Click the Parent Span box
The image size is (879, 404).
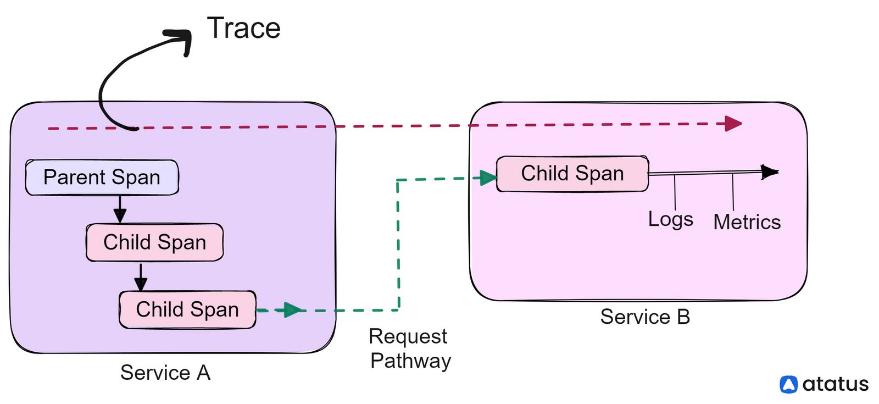coord(102,178)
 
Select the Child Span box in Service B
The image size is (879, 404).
coord(572,174)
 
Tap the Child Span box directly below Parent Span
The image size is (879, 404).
coord(154,242)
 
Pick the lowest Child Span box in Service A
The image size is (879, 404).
coord(187,309)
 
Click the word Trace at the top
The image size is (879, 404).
coord(243,28)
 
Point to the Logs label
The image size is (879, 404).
coord(670,219)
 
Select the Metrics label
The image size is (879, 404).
coord(747,222)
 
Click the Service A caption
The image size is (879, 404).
coord(165,373)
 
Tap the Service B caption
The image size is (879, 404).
coord(645,317)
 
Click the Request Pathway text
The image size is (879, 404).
coord(410,348)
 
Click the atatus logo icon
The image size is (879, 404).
coord(788,384)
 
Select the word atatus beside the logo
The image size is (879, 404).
coord(836,384)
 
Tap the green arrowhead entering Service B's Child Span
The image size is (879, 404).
coord(488,178)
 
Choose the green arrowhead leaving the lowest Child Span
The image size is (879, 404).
coord(293,310)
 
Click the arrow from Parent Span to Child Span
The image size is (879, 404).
coord(120,209)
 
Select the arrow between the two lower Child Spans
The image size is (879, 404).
coord(141,276)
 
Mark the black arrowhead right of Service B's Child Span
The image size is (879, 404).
coord(770,172)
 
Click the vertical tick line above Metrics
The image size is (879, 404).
coord(733,191)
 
